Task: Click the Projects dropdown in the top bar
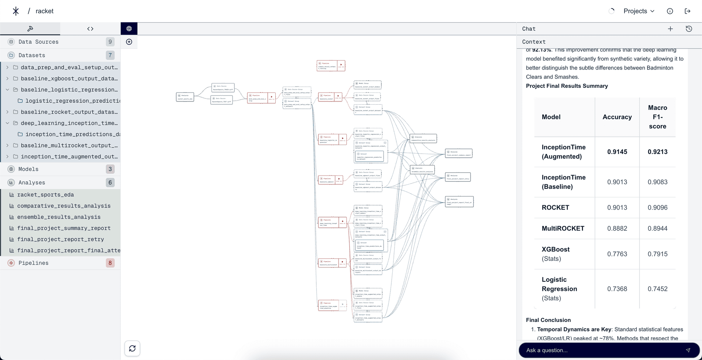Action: pyautogui.click(x=638, y=11)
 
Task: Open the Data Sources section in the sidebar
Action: pyautogui.click(x=38, y=42)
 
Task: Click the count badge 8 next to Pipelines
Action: pyautogui.click(x=110, y=263)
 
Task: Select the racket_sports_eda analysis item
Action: pyautogui.click(x=45, y=195)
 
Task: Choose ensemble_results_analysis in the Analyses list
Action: pyautogui.click(x=58, y=217)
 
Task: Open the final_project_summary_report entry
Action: pyautogui.click(x=64, y=228)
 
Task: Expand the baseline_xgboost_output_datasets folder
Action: pyautogui.click(x=7, y=79)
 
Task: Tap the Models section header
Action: pyautogui.click(x=29, y=169)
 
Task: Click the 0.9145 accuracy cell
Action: pyautogui.click(x=617, y=152)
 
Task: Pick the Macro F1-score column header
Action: pyautogui.click(x=657, y=117)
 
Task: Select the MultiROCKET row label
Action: pyautogui.click(x=563, y=228)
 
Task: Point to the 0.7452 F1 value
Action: pyautogui.click(x=657, y=289)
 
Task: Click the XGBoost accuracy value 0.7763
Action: pyautogui.click(x=617, y=254)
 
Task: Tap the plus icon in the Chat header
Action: pyautogui.click(x=670, y=29)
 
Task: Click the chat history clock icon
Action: pyautogui.click(x=689, y=29)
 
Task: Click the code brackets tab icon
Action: pyautogui.click(x=90, y=29)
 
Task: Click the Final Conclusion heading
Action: pyautogui.click(x=548, y=320)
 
